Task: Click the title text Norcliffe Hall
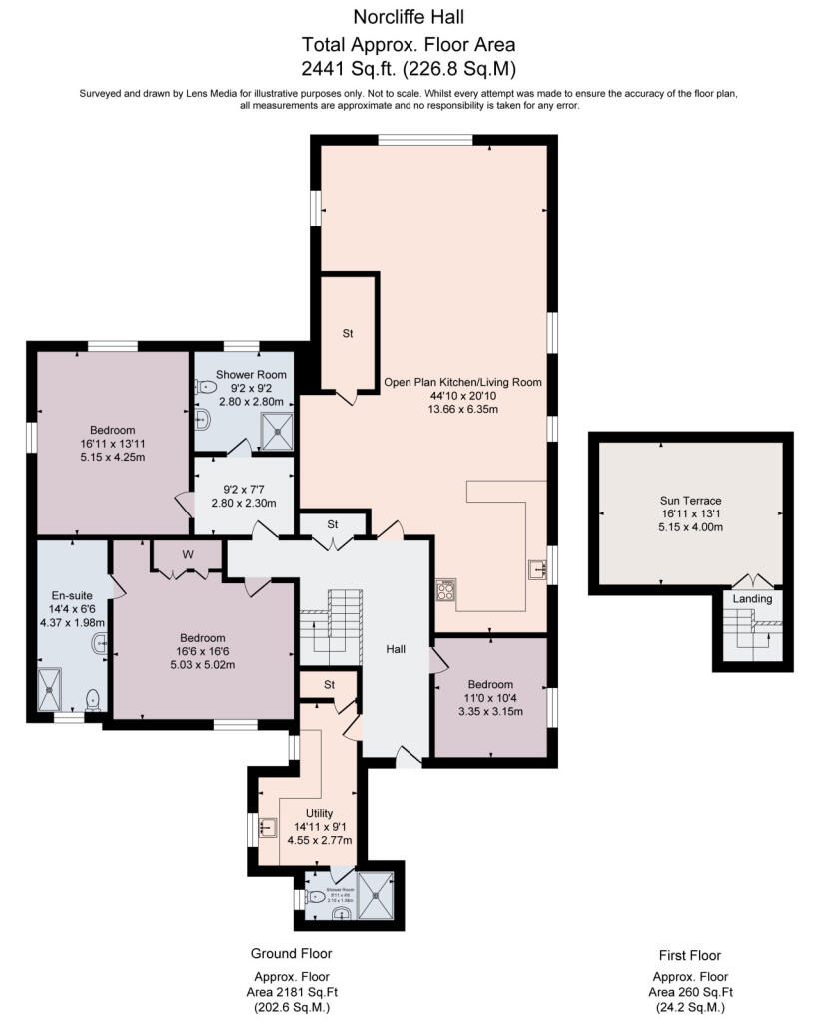[410, 16]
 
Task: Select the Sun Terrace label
[689, 500]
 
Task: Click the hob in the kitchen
[446, 590]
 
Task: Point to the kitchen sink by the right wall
[538, 569]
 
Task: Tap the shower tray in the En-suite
[49, 689]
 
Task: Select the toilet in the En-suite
[92, 698]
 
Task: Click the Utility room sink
[267, 827]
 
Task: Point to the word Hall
[397, 649]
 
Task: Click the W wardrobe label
[188, 555]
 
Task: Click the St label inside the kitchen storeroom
[347, 333]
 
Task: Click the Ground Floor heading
[291, 953]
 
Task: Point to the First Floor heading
[689, 955]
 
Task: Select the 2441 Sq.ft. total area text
[410, 69]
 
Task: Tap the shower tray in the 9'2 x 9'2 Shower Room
[276, 432]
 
